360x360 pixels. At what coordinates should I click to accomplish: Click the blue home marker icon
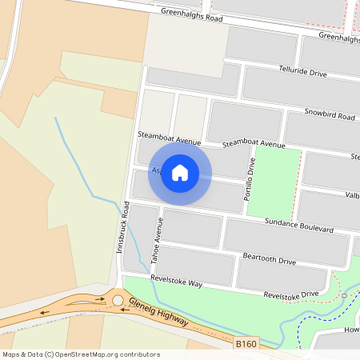click(180, 172)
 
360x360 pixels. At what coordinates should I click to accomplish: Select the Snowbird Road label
click(329, 115)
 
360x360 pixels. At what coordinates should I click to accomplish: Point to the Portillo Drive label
click(250, 178)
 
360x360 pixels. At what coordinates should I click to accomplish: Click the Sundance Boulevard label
click(299, 227)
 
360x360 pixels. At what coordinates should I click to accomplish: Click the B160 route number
click(247, 343)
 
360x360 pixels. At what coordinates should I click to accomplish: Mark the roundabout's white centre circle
click(118, 300)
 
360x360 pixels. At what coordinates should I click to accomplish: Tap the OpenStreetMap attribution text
click(81, 354)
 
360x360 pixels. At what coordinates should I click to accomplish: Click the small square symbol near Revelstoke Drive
click(344, 295)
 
